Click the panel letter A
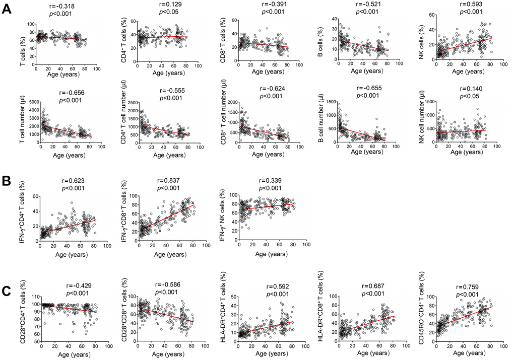click(x=8, y=9)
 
